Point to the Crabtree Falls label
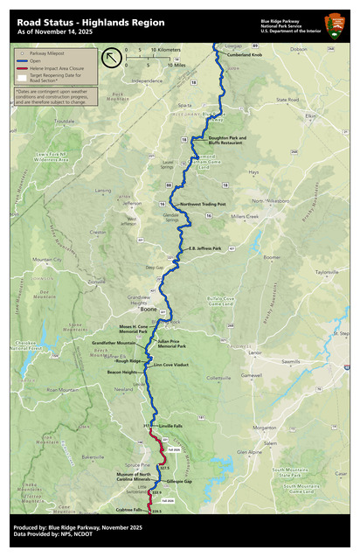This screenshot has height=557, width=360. pyautogui.click(x=128, y=510)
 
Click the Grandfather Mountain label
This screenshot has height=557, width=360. pyautogui.click(x=114, y=344)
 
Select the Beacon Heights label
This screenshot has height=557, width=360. pyautogui.click(x=122, y=372)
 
